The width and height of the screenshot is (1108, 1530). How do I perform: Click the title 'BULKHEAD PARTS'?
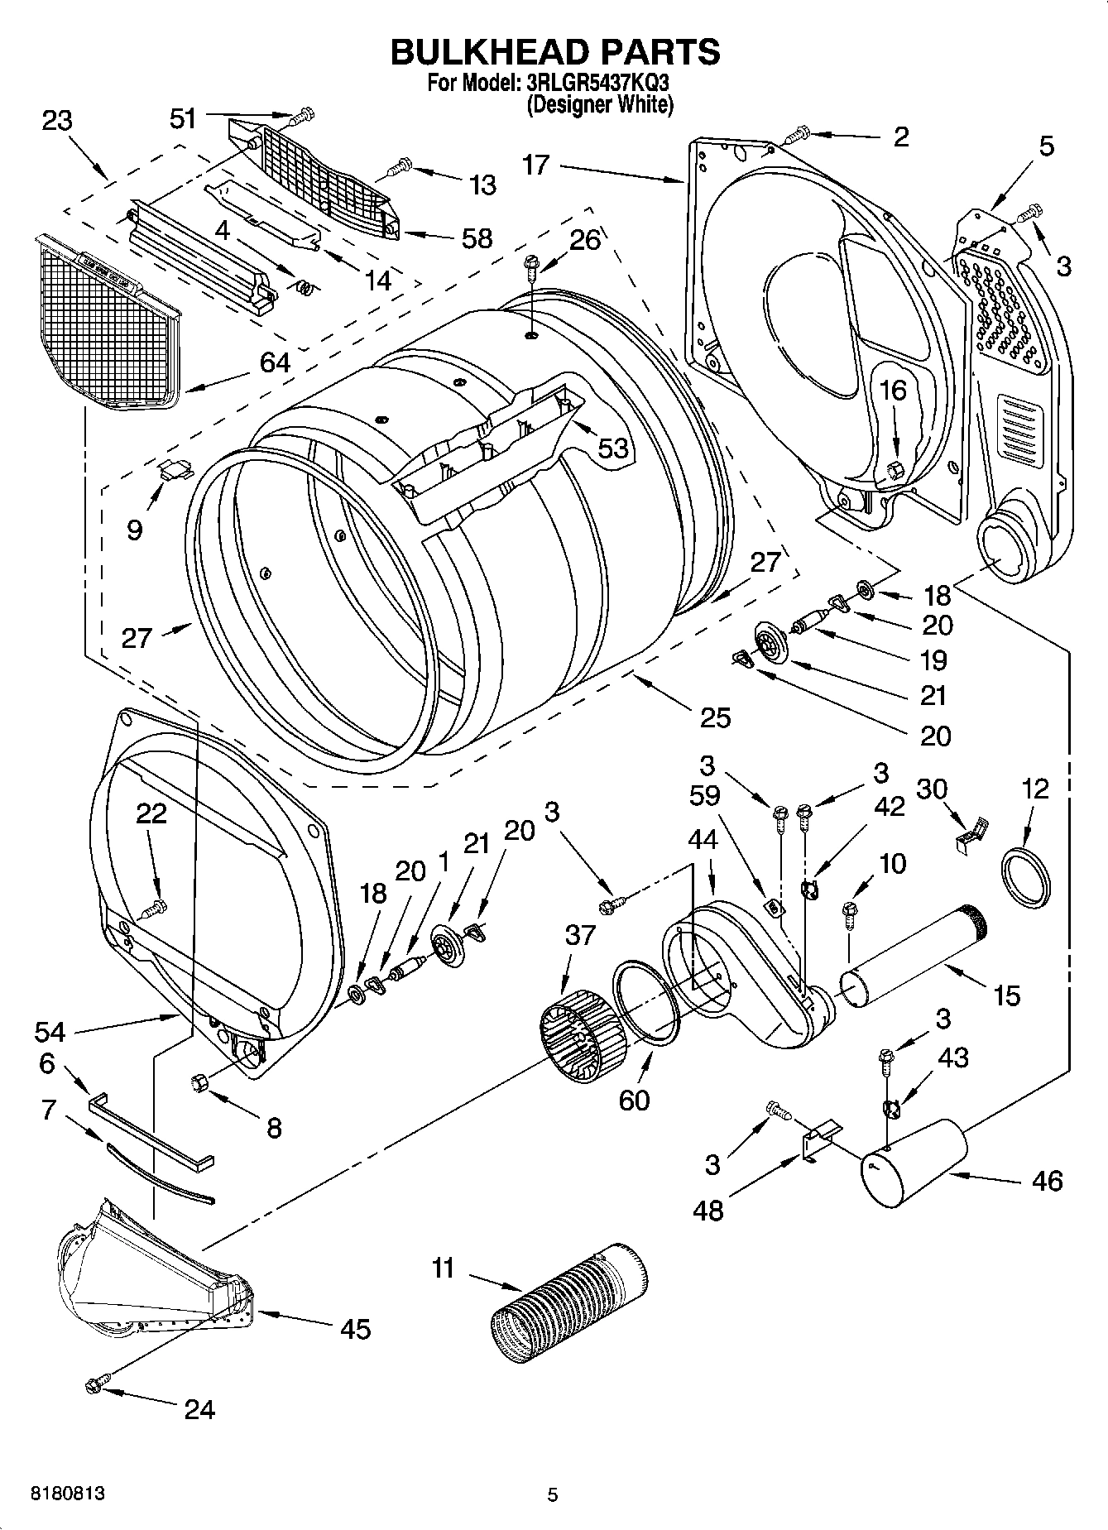tap(554, 51)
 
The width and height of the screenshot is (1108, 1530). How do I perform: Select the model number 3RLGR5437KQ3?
tap(597, 84)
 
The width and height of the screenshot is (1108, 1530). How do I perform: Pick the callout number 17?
tap(536, 165)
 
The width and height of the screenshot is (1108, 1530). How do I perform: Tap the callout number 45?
tap(356, 1329)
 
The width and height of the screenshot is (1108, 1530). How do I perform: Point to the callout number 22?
tap(151, 813)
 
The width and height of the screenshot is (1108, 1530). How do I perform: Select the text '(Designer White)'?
tap(600, 104)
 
